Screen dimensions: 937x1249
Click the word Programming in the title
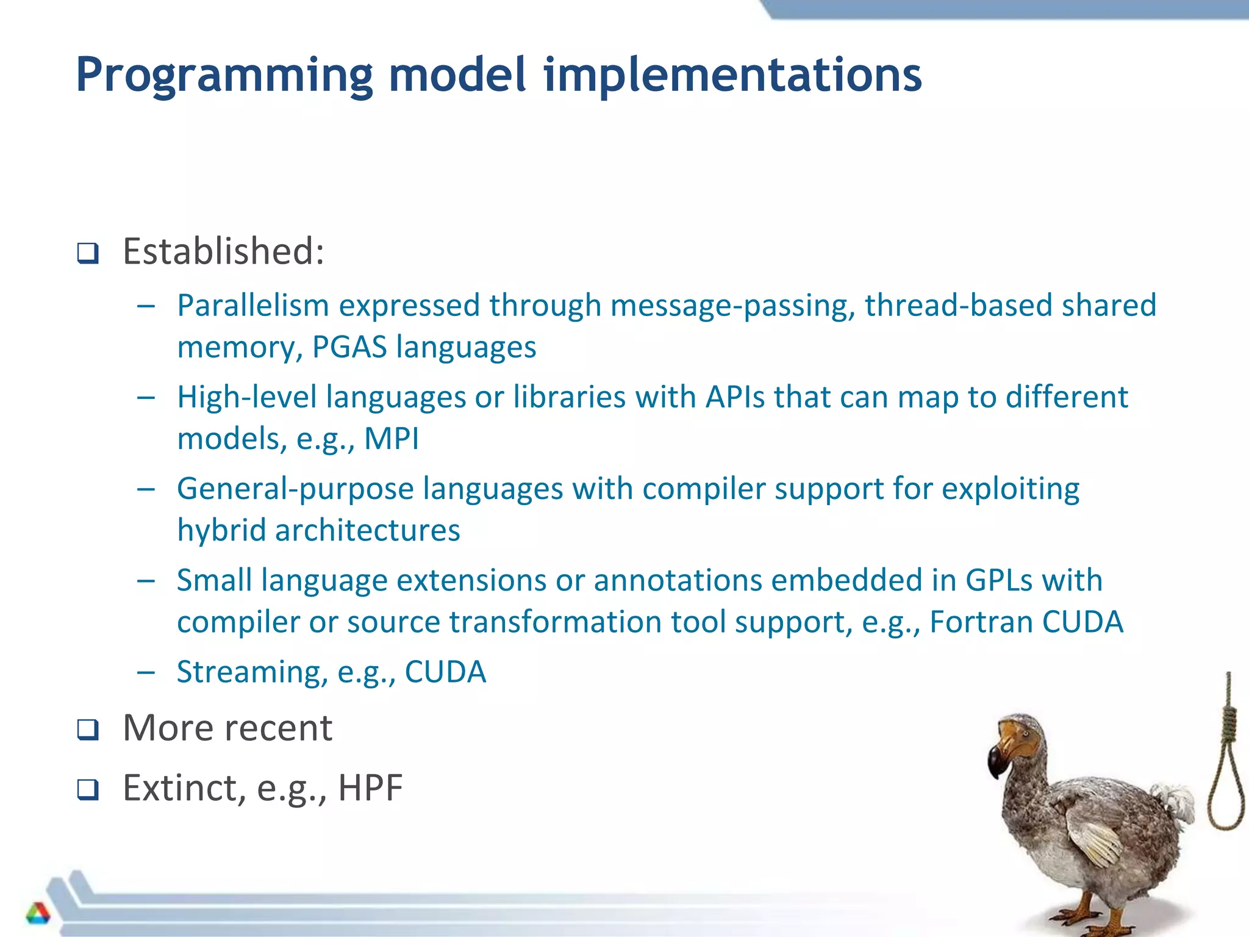(224, 75)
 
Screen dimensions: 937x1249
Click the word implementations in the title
(732, 75)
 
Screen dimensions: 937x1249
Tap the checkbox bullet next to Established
(88, 253)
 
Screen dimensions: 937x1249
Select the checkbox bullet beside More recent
(88, 730)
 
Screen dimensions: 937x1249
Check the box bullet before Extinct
(88, 789)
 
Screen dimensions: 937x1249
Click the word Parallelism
(252, 305)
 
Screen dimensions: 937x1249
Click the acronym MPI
(392, 439)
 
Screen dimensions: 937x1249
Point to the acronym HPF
(370, 788)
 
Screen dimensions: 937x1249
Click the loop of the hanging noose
(1226, 793)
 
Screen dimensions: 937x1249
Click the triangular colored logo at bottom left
(38, 913)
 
